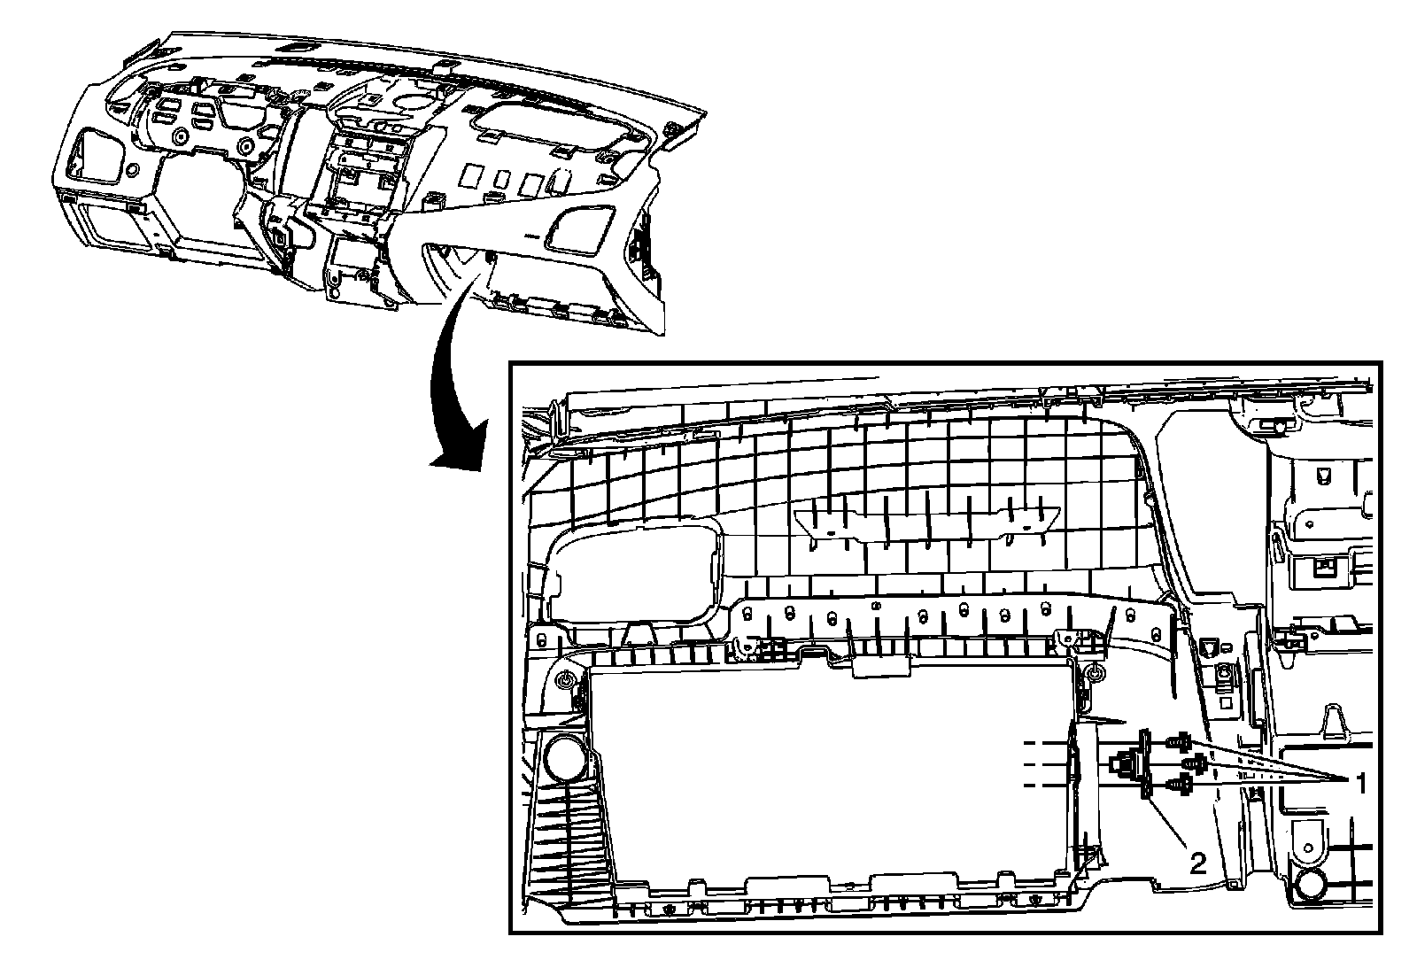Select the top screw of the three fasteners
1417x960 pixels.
1181,740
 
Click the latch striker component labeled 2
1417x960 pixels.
1138,763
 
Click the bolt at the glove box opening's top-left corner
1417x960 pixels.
565,679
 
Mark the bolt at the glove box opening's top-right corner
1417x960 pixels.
1095,677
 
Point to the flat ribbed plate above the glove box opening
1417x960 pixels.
925,523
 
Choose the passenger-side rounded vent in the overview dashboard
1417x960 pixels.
580,225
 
